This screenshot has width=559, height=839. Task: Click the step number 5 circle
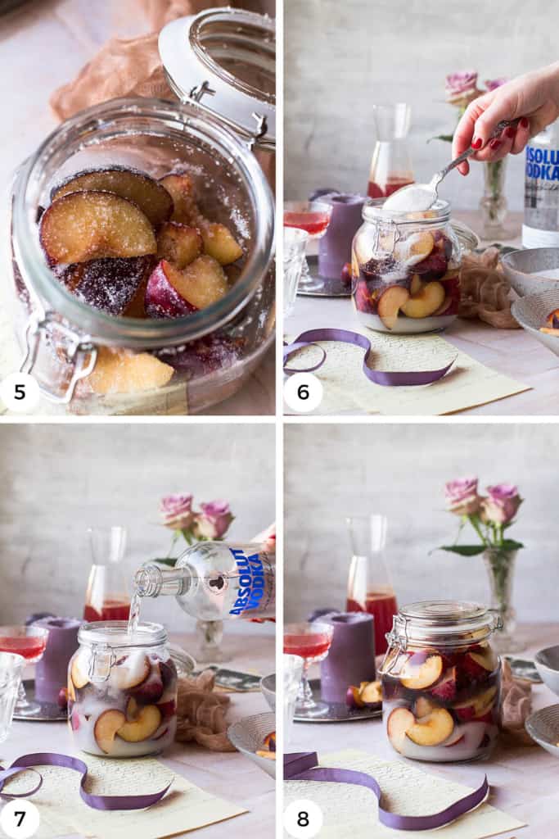pyautogui.click(x=20, y=392)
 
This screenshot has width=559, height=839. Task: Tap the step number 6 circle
pyautogui.click(x=303, y=392)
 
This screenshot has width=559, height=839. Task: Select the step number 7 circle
pyautogui.click(x=20, y=819)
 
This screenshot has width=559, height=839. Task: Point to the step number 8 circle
pyautogui.click(x=303, y=819)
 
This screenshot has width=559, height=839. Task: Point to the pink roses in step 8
pyautogui.click(x=483, y=500)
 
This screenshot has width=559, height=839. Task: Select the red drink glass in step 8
pyautogui.click(x=307, y=647)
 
